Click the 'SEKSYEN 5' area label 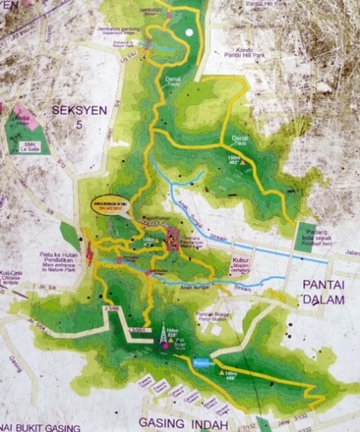79,116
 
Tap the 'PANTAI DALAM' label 323,291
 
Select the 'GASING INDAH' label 183,422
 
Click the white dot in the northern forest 189,32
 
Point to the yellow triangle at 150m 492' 242,162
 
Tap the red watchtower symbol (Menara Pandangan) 173,240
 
